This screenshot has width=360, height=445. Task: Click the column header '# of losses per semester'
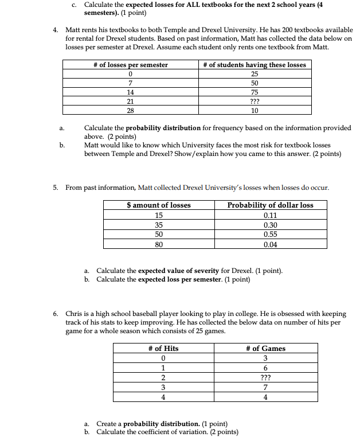click(131, 65)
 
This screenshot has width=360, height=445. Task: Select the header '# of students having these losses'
click(255, 65)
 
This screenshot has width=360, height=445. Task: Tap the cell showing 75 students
click(255, 92)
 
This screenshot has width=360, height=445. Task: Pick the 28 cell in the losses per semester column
click(131, 110)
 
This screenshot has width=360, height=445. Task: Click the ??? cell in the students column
click(255, 101)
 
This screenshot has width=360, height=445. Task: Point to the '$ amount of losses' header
click(159, 205)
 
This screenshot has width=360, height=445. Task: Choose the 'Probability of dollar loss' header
click(270, 205)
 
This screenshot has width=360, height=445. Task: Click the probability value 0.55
click(270, 235)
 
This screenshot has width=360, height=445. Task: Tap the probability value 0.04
click(270, 244)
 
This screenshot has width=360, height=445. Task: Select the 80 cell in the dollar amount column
click(159, 244)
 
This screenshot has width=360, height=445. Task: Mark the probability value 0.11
click(270, 215)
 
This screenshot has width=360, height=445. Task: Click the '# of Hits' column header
click(163, 348)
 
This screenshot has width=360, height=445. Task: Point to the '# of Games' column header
click(265, 348)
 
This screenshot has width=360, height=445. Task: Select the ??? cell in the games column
click(265, 378)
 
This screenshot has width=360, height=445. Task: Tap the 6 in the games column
click(265, 368)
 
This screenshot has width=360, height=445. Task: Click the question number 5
click(55, 188)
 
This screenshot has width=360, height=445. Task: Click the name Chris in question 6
click(75, 314)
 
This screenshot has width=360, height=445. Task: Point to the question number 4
click(55, 29)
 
